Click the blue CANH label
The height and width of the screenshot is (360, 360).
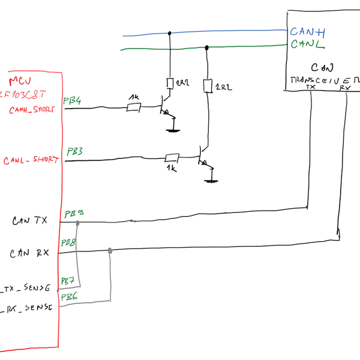tap(307, 32)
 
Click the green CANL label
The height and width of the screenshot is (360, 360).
tap(307, 45)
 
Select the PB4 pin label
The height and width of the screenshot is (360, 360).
tap(73, 100)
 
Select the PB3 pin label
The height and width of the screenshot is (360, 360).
tap(76, 151)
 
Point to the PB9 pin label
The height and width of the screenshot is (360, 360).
tap(74, 214)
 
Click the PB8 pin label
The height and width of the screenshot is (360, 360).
tap(68, 243)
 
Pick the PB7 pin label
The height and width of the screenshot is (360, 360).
tap(67, 280)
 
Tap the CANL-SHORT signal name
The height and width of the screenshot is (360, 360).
tap(31, 161)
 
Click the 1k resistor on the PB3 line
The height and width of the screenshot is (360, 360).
tap(172, 158)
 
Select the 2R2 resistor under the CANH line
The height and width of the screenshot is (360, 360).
tap(170, 83)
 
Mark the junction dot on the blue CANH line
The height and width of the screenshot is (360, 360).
tap(170, 33)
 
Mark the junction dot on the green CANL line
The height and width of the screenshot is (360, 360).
tap(207, 47)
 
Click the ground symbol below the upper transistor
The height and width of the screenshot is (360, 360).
tap(173, 127)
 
